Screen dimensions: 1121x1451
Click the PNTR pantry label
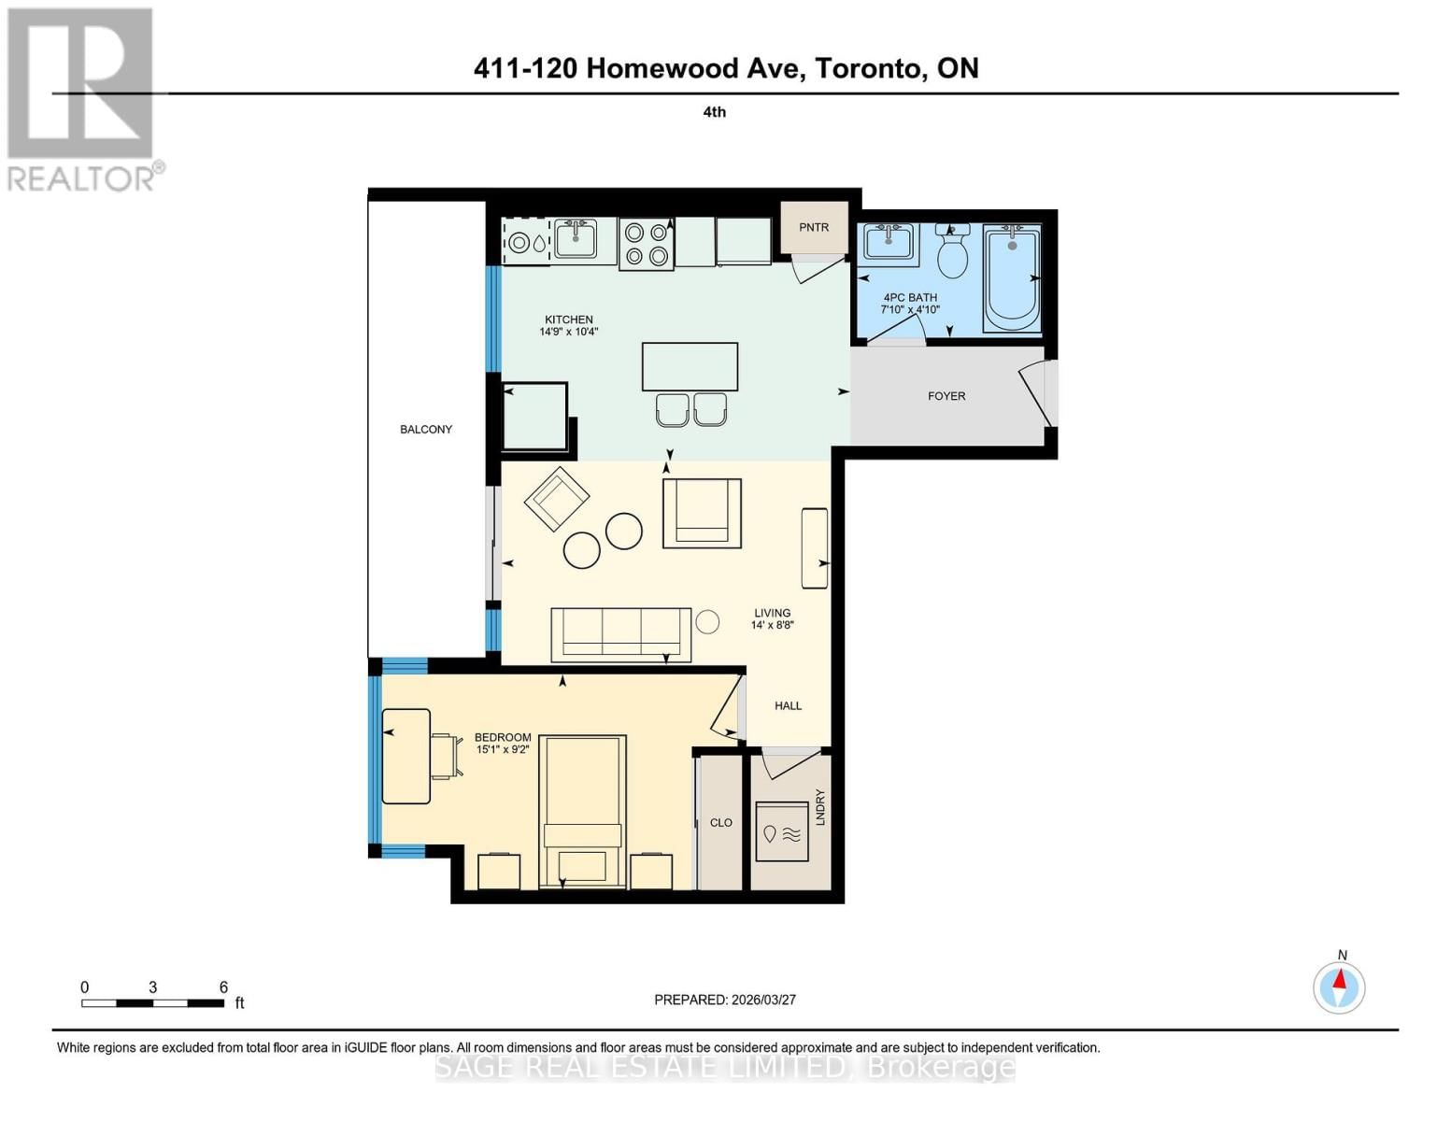[x=814, y=227]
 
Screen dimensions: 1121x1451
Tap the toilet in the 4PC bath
[x=952, y=254]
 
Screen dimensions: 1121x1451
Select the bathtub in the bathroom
[x=1012, y=277]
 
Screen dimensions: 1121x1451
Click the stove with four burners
[x=646, y=244]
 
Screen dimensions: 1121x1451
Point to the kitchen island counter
[x=690, y=366]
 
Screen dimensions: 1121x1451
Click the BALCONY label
[x=426, y=430]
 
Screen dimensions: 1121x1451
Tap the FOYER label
[x=946, y=396]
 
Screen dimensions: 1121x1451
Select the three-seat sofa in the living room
[x=620, y=633]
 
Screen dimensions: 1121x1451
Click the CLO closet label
[x=720, y=823]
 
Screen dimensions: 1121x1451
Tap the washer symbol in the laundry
[x=782, y=833]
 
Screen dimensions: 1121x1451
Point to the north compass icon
[x=1340, y=986]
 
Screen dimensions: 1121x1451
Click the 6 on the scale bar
[x=223, y=987]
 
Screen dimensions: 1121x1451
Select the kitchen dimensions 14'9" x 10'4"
[x=568, y=332]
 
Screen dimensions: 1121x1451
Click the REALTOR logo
[x=81, y=98]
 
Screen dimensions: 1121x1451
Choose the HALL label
[x=788, y=706]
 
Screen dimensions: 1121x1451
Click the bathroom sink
[x=889, y=243]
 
